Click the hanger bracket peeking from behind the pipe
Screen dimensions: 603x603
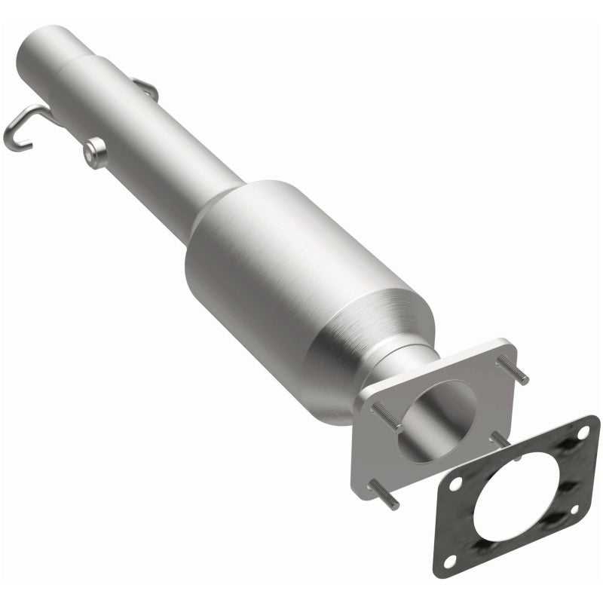(x=148, y=91)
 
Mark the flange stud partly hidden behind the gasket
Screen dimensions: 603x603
(x=500, y=441)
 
